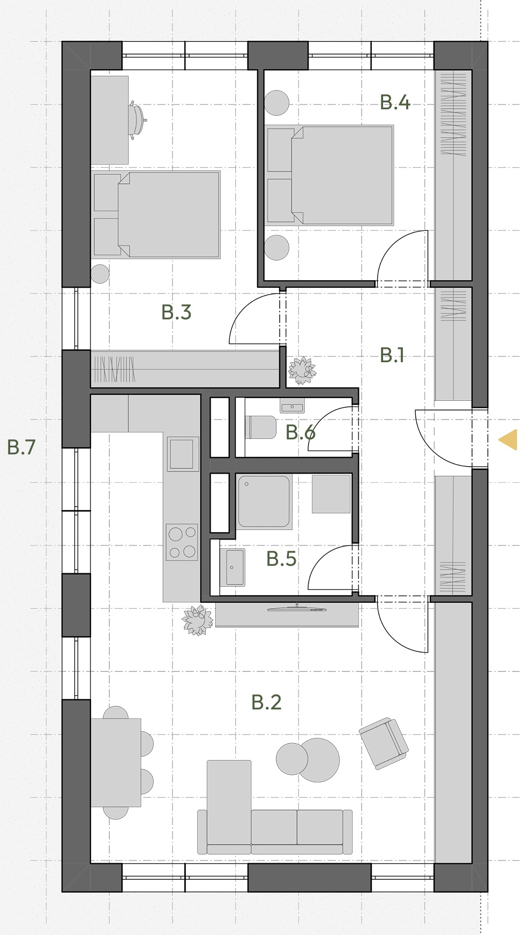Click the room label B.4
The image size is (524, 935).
pyautogui.click(x=395, y=102)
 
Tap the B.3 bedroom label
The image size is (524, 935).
pyautogui.click(x=176, y=312)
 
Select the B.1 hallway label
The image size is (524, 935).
pyautogui.click(x=392, y=355)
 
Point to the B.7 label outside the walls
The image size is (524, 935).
pyautogui.click(x=21, y=447)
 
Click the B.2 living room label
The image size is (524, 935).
pyautogui.click(x=266, y=702)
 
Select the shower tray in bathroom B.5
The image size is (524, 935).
pyautogui.click(x=264, y=502)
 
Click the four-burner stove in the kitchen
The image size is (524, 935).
pyautogui.click(x=182, y=542)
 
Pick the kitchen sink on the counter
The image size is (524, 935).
pyautogui.click(x=182, y=454)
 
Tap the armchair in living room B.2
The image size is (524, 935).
pyautogui.click(x=384, y=744)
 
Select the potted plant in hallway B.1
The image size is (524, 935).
pyautogui.click(x=302, y=370)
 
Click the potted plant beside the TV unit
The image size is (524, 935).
pyautogui.click(x=198, y=620)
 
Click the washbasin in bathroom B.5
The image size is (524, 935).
pyautogui.click(x=233, y=567)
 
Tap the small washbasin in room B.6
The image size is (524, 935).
pyautogui.click(x=292, y=407)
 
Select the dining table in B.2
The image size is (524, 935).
pyautogui.click(x=116, y=762)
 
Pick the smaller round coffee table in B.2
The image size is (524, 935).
pyautogui.click(x=292, y=759)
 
